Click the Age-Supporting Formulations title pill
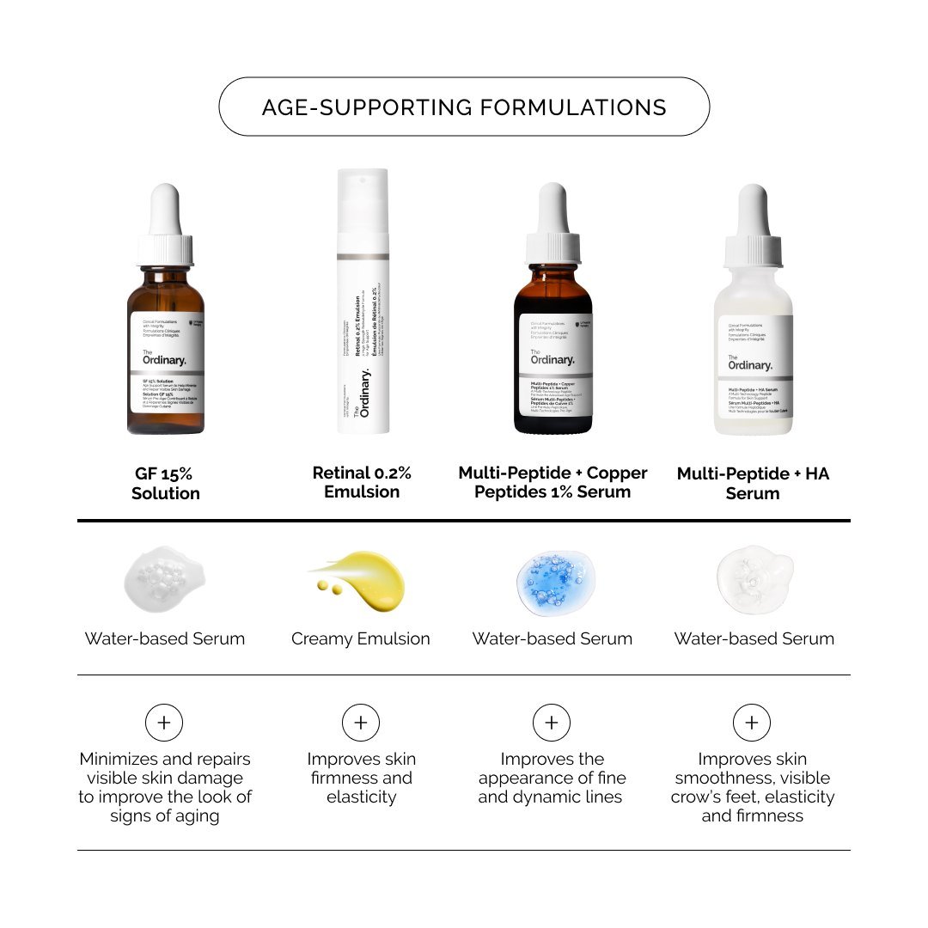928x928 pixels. pos(464,107)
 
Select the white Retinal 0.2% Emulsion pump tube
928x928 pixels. pos(363,301)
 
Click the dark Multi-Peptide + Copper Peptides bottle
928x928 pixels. pos(553,352)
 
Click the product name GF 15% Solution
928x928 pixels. pos(166,483)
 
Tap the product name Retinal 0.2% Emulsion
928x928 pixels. pos(362,483)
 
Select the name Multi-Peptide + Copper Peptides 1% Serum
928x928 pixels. pos(553,483)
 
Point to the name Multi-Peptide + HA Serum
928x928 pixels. pos(753,483)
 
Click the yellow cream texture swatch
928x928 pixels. pos(361,582)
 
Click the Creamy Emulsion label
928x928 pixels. pos(361,638)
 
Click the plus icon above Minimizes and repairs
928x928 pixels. pos(164,723)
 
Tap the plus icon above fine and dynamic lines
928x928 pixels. pos(552,723)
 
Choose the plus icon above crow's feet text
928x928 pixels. pos(752,723)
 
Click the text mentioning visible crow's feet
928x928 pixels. pos(753,788)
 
